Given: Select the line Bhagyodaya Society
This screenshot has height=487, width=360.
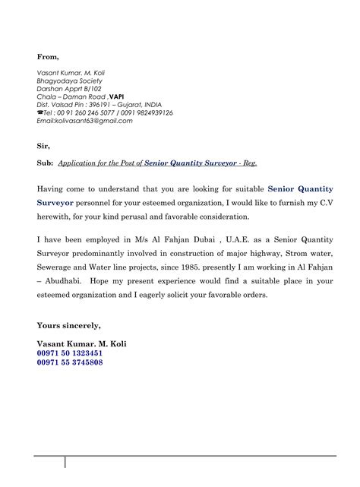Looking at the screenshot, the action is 70,81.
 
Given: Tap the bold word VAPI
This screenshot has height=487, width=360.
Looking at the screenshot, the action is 117,96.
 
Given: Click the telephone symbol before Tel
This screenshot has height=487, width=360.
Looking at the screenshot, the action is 39,113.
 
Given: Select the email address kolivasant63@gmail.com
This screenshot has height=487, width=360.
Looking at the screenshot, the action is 84,121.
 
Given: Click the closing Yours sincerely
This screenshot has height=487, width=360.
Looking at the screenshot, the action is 68,325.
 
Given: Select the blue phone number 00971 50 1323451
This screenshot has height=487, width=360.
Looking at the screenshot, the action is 70,353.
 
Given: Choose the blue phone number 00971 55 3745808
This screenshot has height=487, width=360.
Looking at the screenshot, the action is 70,362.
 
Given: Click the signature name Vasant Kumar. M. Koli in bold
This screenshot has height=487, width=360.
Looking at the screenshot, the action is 81,343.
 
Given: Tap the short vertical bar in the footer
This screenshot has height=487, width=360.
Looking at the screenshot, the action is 66,463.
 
